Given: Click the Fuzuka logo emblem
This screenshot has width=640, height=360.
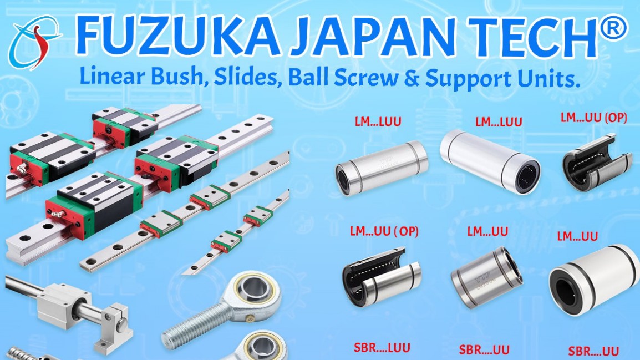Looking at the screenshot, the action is pos(35,43).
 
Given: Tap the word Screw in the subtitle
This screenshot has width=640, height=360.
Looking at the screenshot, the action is pos(366,78).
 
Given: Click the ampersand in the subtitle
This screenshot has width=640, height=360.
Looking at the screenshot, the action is pos(412,78).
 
